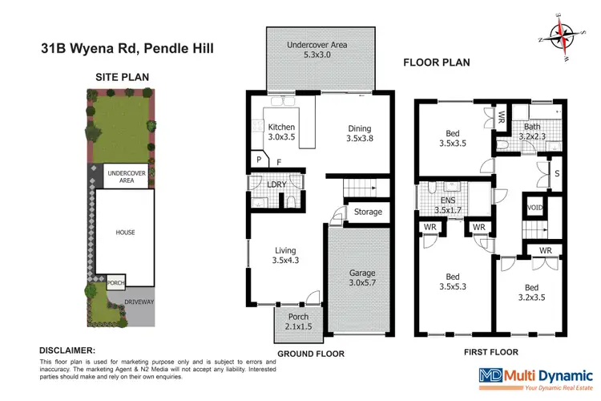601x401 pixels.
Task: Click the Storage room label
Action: click(368, 213)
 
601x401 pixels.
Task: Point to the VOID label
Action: click(534, 208)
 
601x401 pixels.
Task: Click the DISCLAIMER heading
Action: click(67, 350)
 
